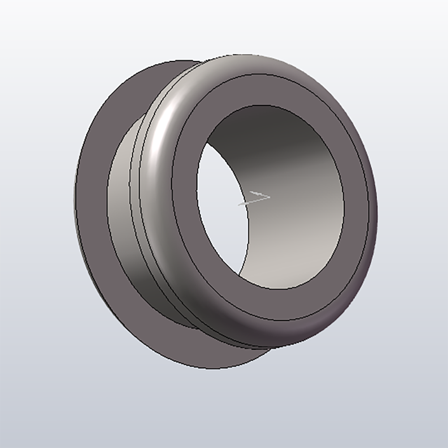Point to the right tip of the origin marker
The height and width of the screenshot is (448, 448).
[x=270, y=196]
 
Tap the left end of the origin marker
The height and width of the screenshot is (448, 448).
[x=239, y=205]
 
